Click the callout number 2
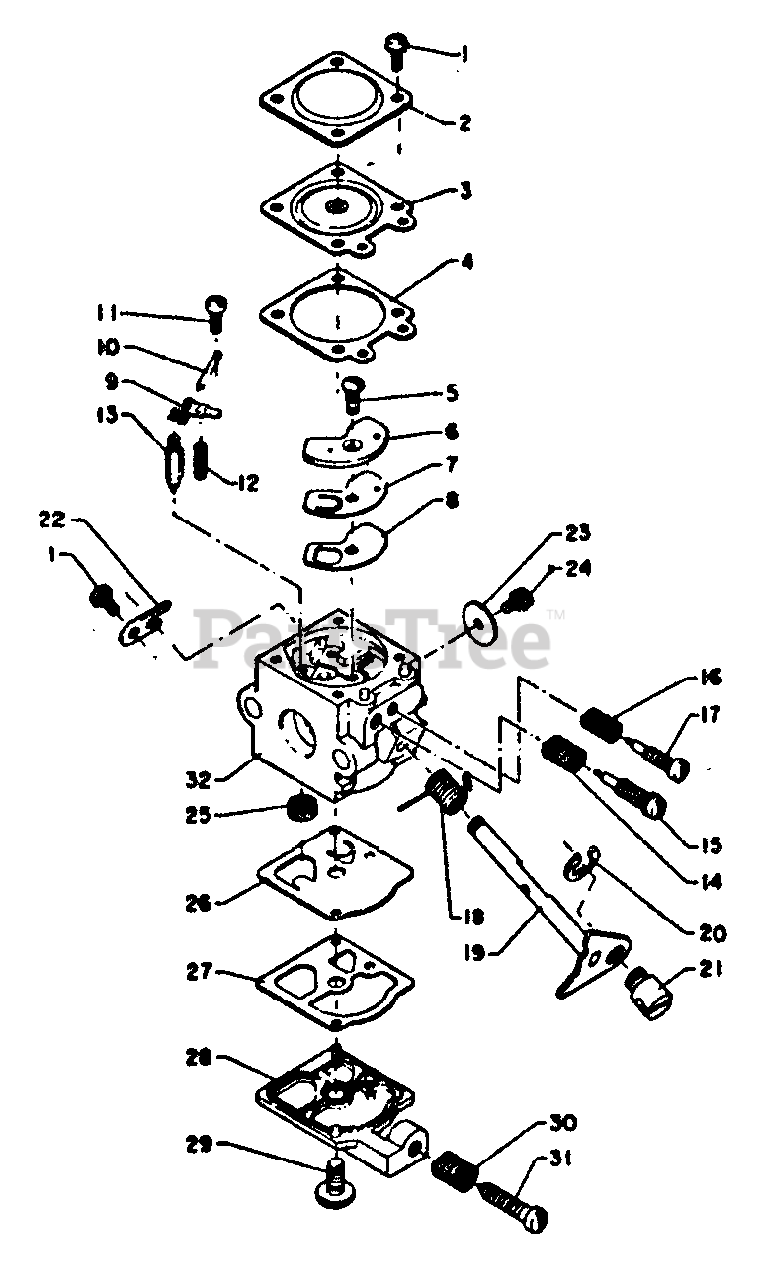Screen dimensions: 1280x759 coord(463,124)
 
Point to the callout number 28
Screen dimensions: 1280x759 coord(197,1056)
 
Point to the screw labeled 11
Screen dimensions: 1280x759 coord(217,310)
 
